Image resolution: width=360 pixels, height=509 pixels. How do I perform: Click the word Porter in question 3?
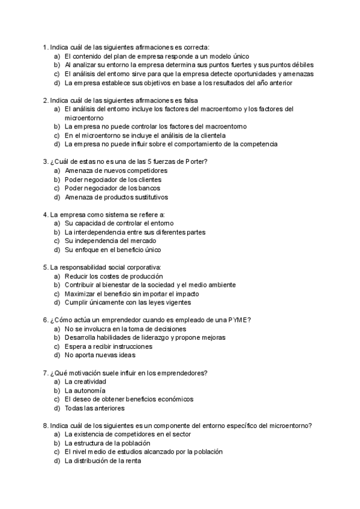click(x=196, y=161)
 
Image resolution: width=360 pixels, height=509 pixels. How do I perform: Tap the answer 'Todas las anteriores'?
click(x=94, y=408)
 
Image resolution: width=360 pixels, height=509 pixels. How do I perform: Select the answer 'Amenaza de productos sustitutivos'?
click(x=116, y=197)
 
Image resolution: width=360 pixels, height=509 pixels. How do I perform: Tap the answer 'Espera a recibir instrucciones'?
click(x=109, y=346)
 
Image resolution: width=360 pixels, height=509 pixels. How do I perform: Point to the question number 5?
click(x=46, y=267)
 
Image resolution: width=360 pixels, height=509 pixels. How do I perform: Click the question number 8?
click(x=46, y=426)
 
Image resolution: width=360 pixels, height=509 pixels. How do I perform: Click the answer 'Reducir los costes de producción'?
click(x=114, y=276)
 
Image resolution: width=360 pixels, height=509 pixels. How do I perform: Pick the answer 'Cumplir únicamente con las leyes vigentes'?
click(x=127, y=303)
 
